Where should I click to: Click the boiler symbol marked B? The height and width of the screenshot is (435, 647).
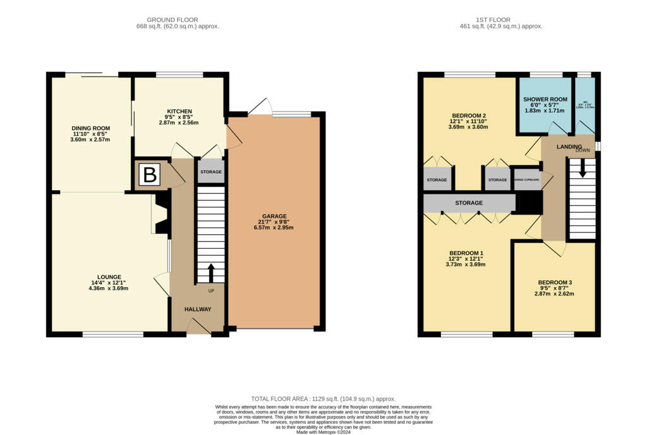pyautogui.click(x=150, y=175)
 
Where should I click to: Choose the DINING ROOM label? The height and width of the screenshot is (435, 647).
pyautogui.click(x=90, y=128)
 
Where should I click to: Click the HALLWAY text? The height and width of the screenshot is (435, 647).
pyautogui.click(x=197, y=309)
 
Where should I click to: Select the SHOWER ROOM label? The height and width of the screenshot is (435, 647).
pyautogui.click(x=545, y=99)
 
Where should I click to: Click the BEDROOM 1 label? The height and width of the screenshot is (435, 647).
pyautogui.click(x=466, y=251)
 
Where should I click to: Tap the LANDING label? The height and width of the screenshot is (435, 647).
pyautogui.click(x=569, y=146)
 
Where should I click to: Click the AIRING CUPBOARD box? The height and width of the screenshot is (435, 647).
pyautogui.click(x=526, y=179)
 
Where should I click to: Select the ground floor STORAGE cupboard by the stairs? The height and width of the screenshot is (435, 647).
pyautogui.click(x=211, y=172)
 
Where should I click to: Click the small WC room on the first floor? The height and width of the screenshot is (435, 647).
pyautogui.click(x=585, y=105)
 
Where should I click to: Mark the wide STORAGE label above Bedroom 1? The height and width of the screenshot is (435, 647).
pyautogui.click(x=469, y=203)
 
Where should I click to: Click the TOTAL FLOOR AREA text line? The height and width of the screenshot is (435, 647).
pyautogui.click(x=323, y=399)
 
